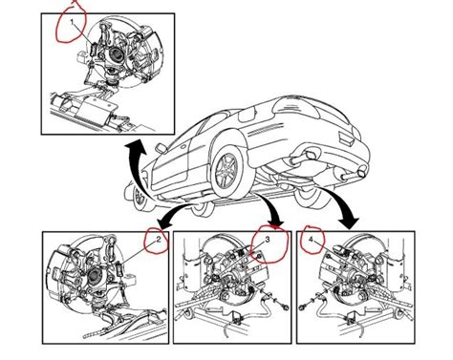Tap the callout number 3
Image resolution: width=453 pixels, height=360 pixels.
[x=269, y=242]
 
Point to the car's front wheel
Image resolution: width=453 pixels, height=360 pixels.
[x=142, y=196]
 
